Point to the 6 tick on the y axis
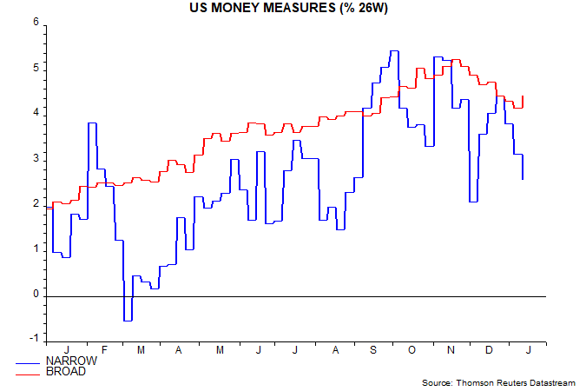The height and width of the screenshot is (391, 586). point(36,22)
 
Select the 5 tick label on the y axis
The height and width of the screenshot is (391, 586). point(36,68)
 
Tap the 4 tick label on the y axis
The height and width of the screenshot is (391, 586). point(36,113)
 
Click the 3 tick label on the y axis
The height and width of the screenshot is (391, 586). point(36,159)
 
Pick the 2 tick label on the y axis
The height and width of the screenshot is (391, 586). point(36,204)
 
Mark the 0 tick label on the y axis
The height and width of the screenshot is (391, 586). point(36,295)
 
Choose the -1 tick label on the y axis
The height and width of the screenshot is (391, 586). point(34,340)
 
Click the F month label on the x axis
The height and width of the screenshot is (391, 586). point(104,350)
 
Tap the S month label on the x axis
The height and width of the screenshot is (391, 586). point(373,350)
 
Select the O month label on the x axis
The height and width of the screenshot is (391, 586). point(412,350)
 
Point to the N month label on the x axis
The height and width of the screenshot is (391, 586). point(451,350)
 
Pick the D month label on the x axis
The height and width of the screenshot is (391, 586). point(489,350)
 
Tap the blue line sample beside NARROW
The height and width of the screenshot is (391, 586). point(29,361)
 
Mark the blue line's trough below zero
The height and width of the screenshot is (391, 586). point(127,321)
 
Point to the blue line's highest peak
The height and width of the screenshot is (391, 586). point(393,51)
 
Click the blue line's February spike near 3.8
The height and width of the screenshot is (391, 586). point(92,123)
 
